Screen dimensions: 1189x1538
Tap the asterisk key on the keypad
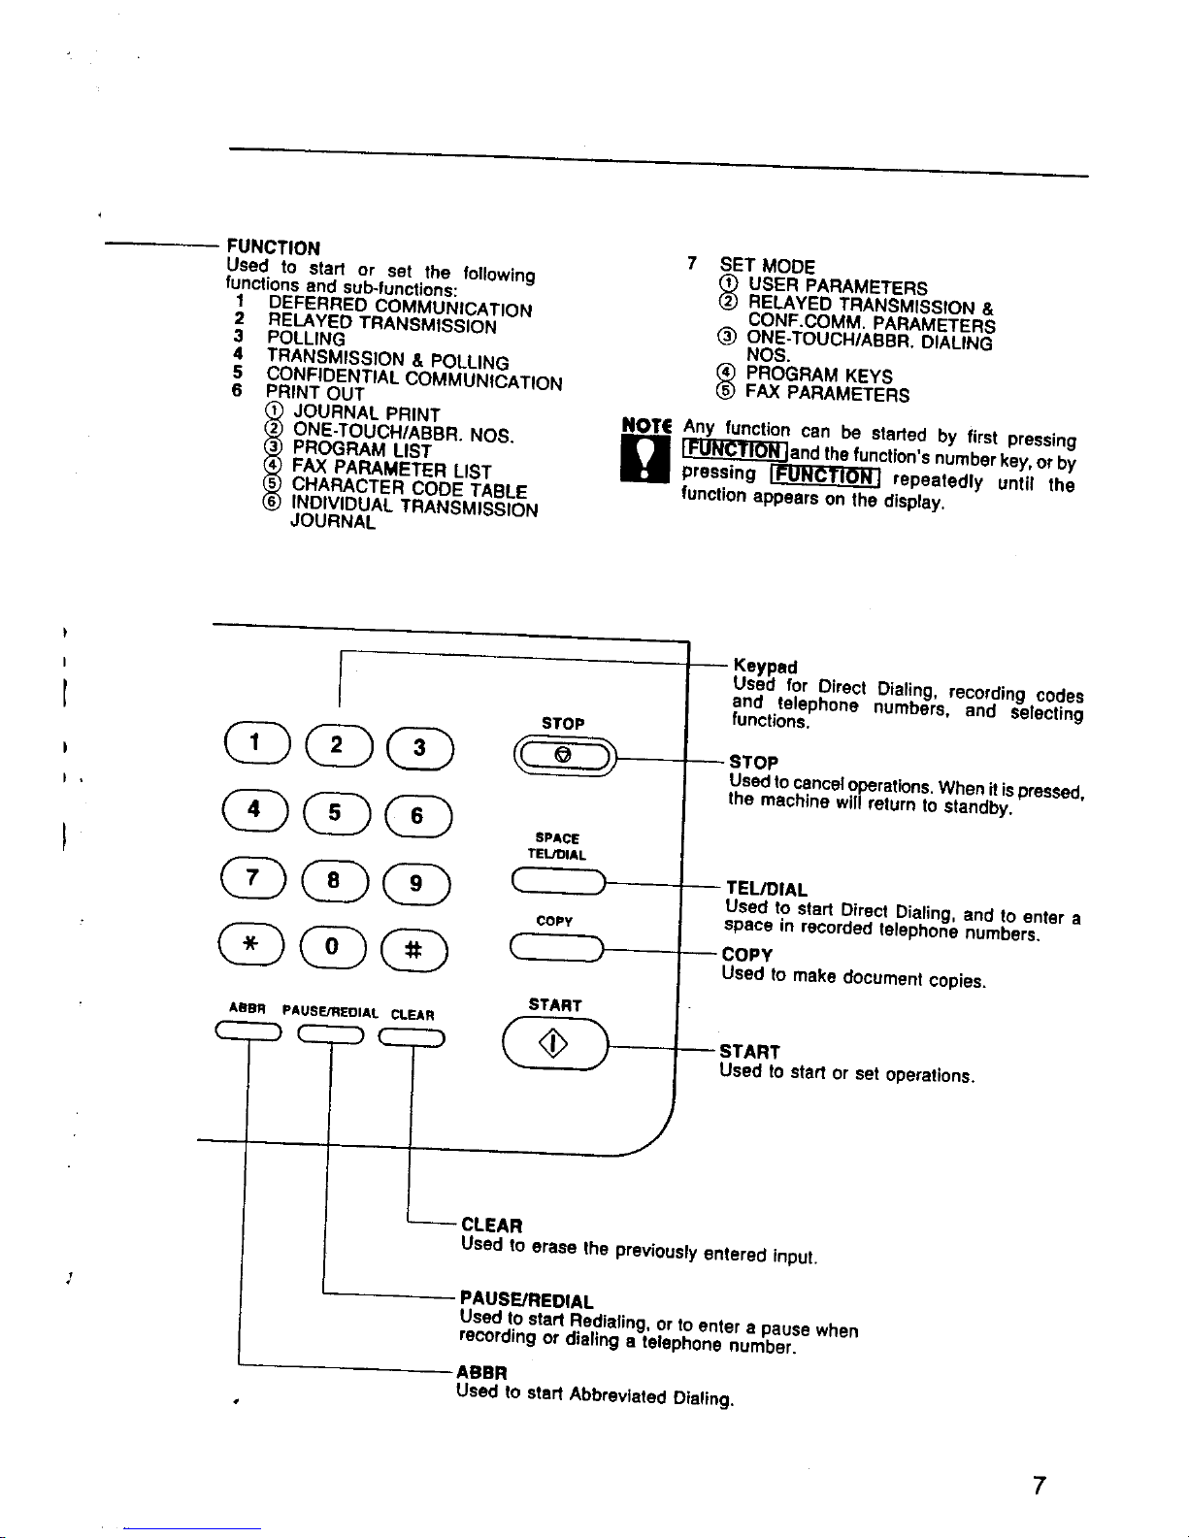pos(251,944)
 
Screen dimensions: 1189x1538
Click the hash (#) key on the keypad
pos(414,949)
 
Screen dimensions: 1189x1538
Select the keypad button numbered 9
pos(416,883)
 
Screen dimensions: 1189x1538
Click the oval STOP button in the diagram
pos(565,757)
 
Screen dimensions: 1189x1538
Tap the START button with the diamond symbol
pos(555,1043)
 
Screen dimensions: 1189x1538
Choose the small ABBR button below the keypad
pos(248,1031)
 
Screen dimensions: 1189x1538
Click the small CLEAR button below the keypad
pos(412,1037)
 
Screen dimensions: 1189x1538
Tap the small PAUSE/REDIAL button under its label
pos(331,1034)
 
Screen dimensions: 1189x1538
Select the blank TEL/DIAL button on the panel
pos(558,882)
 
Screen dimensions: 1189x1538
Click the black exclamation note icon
pos(644,459)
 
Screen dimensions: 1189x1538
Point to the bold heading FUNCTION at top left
pos(273,247)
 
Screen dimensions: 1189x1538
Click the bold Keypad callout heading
pos(765,666)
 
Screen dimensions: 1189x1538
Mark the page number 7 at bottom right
pos(1039,1486)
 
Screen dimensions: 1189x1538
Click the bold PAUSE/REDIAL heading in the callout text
pos(526,1301)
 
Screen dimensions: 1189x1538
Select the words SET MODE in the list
pos(767,266)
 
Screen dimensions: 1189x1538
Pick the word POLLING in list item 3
pos(307,339)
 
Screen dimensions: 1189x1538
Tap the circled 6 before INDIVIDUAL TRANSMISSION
pos(272,501)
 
